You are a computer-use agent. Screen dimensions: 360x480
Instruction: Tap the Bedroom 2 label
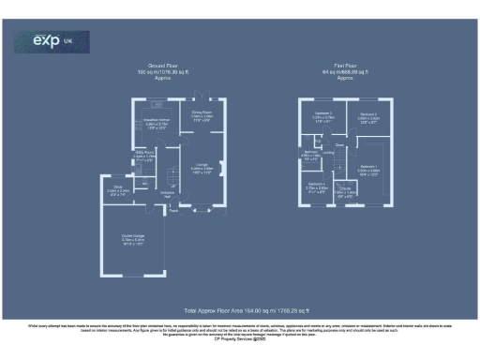click(x=367, y=117)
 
